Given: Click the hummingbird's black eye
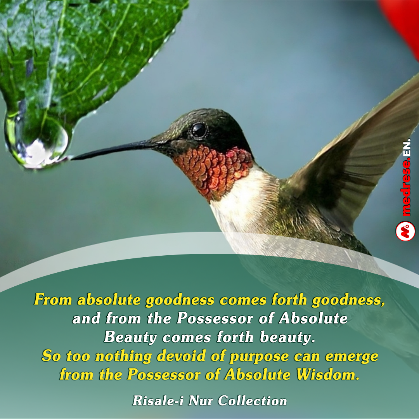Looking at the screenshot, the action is tap(199, 130).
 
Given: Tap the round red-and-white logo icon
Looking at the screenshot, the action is tap(405, 231).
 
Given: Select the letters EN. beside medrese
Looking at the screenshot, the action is tap(407, 148).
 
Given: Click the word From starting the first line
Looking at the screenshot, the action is tap(53, 299).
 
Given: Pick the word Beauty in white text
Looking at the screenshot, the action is tap(130, 337).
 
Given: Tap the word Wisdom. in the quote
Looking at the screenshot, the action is tap(327, 374).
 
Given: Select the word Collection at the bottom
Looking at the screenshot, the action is tap(252, 400).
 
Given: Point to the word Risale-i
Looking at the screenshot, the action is tap(158, 400).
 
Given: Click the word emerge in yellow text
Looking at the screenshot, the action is tap(351, 357).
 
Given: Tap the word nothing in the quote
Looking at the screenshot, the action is tap(123, 357).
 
